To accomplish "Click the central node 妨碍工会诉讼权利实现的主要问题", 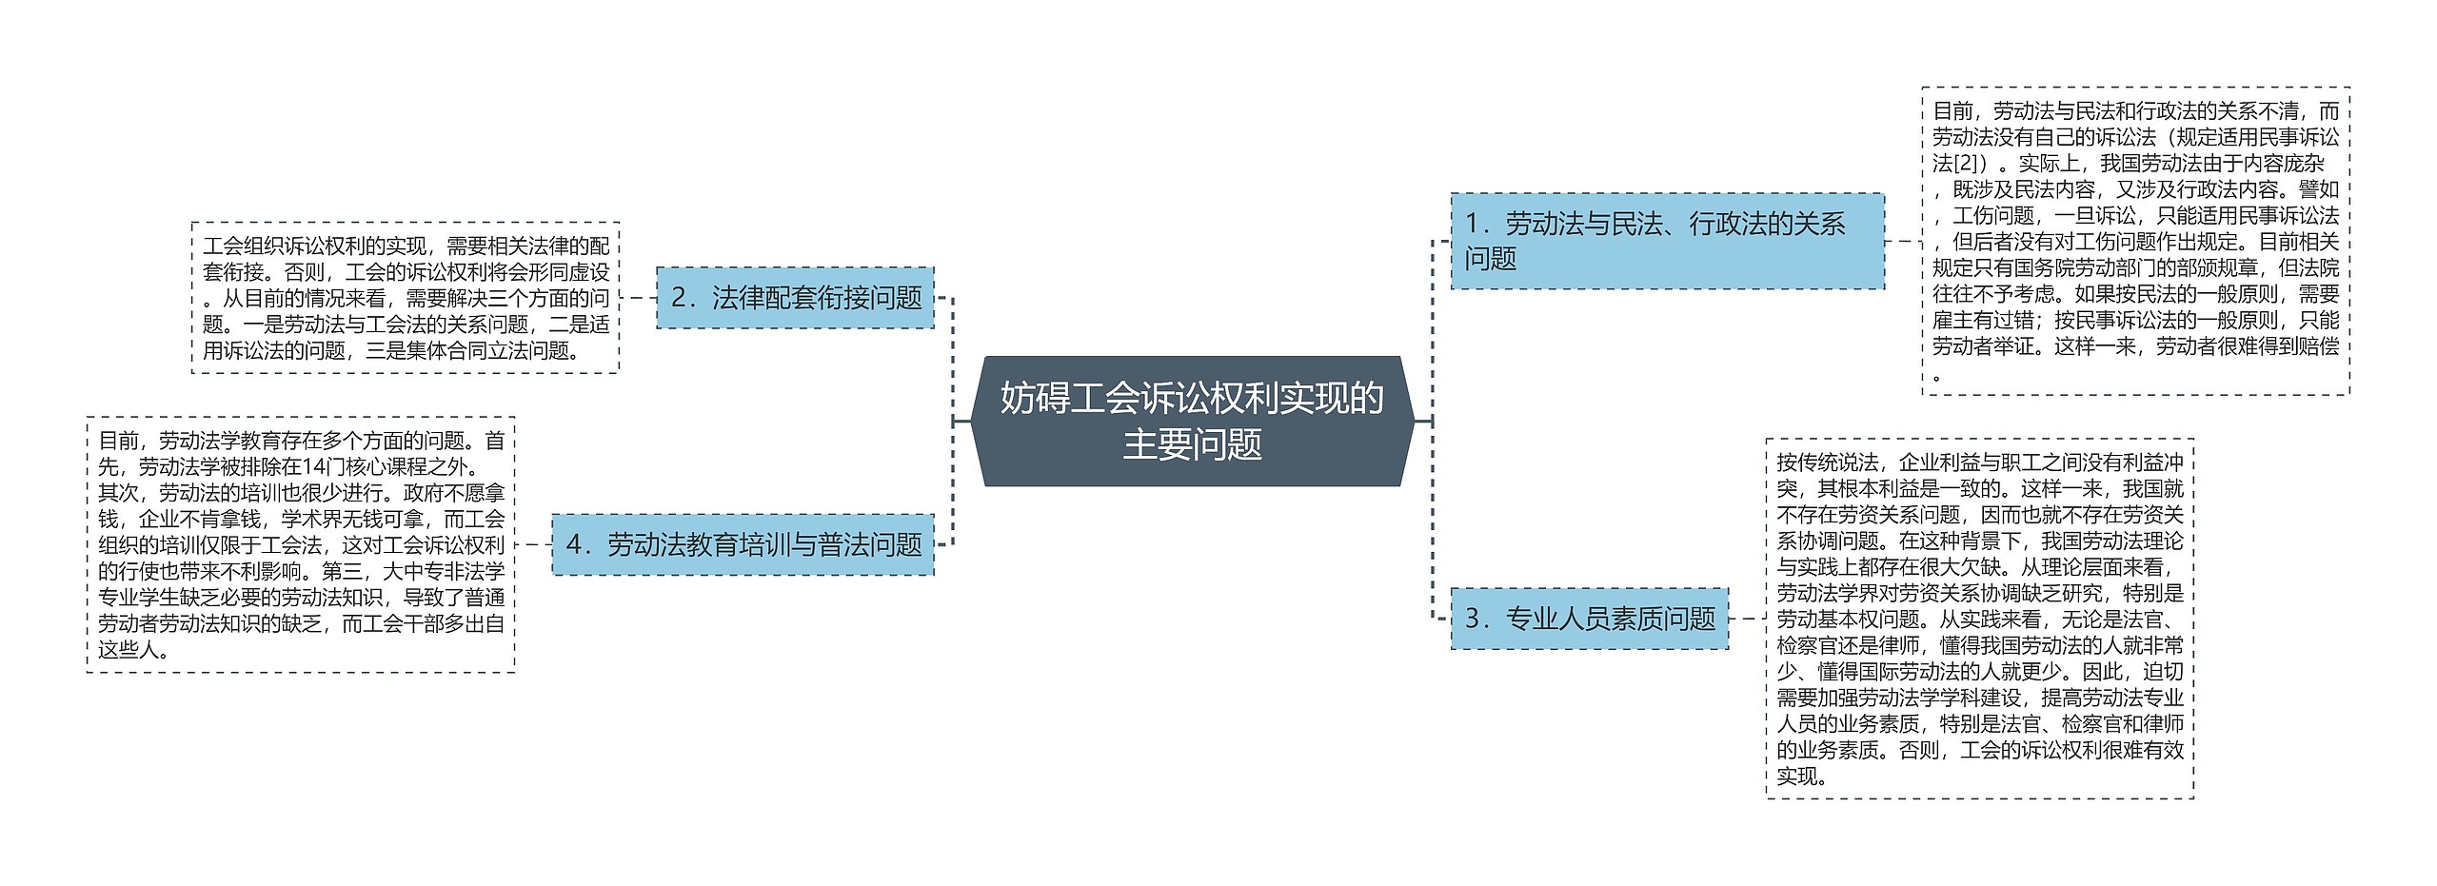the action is tap(1192, 421).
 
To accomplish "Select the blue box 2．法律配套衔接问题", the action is tap(795, 298).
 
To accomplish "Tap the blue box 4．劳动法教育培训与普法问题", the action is tap(743, 544).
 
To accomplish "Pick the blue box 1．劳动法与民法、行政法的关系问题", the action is tap(1667, 241).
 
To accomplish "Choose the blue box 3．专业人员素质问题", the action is tap(1589, 619).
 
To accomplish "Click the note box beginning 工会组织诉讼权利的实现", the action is tap(406, 298).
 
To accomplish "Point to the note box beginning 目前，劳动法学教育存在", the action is tap(301, 544).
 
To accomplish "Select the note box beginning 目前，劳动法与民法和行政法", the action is tap(2135, 241).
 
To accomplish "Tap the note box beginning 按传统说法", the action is tap(1979, 619).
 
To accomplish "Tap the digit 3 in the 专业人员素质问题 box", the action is tap(1472, 620).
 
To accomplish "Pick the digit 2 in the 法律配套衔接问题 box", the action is tap(678, 298).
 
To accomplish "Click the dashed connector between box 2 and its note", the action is tap(638, 298).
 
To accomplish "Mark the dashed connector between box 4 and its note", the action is tap(533, 544).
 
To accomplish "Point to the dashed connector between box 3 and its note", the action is tap(1747, 619).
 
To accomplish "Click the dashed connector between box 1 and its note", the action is tap(1903, 241).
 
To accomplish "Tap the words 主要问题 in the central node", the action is tap(1192, 444).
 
